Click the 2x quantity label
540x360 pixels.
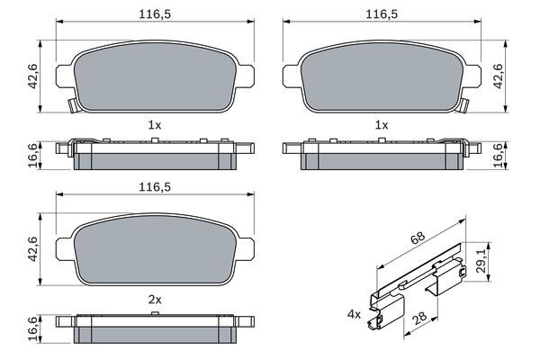click(155, 297)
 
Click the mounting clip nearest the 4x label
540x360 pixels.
click(384, 314)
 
